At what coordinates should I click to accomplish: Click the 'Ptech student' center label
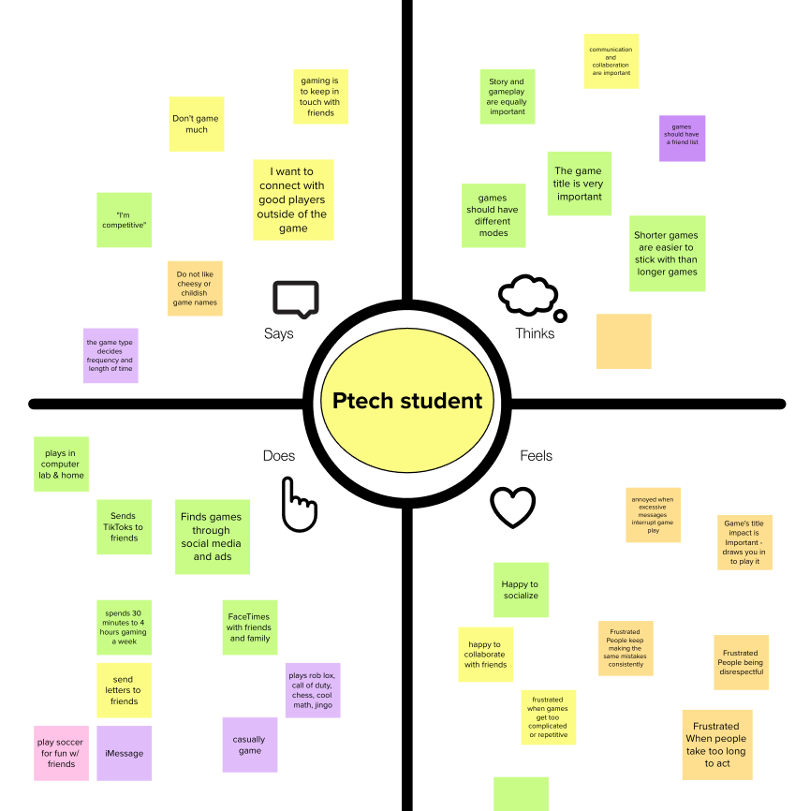[x=407, y=402]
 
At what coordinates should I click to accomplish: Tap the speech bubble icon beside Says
[x=295, y=299]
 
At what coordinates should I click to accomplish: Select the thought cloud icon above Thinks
[x=531, y=296]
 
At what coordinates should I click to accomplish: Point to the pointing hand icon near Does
[x=299, y=505]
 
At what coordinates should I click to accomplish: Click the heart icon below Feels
[x=513, y=508]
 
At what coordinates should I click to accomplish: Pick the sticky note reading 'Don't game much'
[x=197, y=124]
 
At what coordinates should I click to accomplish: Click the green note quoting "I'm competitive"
[x=124, y=220]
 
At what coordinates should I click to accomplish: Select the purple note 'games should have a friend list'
[x=682, y=139]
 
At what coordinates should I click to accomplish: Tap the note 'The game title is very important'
[x=580, y=184]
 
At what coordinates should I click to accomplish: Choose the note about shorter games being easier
[x=667, y=253]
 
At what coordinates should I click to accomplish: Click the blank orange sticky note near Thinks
[x=624, y=341]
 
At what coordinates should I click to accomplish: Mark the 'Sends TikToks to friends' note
[x=124, y=526]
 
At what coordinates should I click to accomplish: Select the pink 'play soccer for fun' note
[x=62, y=753]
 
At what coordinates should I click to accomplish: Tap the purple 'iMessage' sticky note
[x=124, y=753]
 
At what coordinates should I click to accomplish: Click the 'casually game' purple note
[x=250, y=745]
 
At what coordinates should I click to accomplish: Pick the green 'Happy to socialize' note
[x=521, y=590]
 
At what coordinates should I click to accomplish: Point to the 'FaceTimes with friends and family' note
[x=250, y=627]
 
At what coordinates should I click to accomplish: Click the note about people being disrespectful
[x=741, y=662]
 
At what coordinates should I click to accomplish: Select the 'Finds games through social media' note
[x=212, y=537]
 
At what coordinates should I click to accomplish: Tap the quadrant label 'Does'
[x=278, y=456]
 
